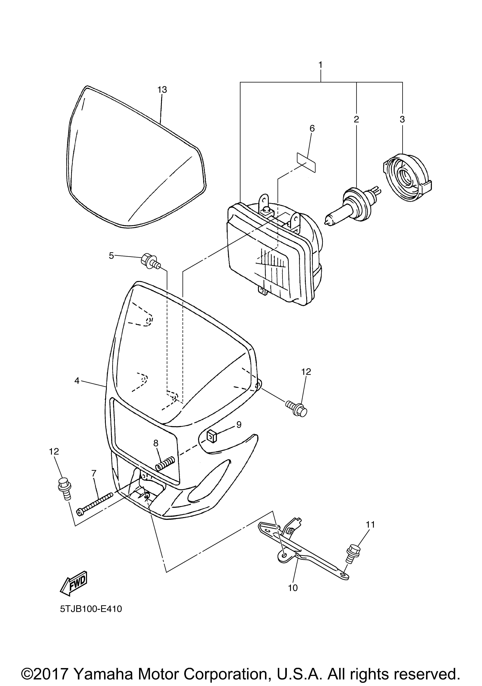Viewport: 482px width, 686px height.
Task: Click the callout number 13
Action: tap(162, 90)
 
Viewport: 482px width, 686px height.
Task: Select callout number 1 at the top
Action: tap(321, 65)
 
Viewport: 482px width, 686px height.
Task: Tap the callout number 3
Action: tap(402, 120)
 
